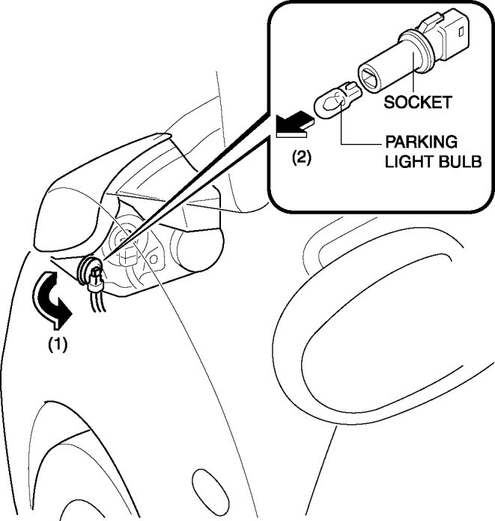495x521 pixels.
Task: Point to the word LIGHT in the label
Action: tap(407, 161)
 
